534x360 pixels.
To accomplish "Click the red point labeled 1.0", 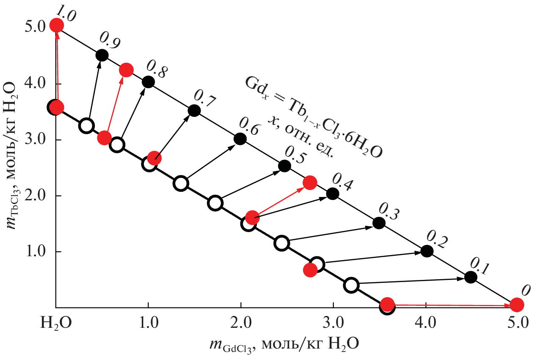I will (x=57, y=25).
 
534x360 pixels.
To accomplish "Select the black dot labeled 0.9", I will (x=102, y=55).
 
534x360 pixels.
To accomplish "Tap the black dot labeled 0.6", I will (x=240, y=138).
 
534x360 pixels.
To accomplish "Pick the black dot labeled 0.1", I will (x=471, y=277).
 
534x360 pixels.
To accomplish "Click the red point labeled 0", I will (x=517, y=305).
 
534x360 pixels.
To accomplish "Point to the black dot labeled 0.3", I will (x=379, y=222).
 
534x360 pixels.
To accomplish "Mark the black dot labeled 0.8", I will (x=148, y=82).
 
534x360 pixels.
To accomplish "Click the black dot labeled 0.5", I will (x=284, y=166).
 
